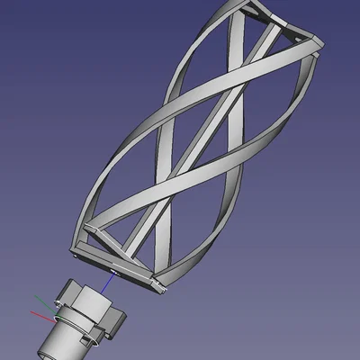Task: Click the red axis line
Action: tap(39, 315)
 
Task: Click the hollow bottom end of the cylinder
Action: tap(49, 349)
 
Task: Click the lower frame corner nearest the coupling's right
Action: tap(158, 288)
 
